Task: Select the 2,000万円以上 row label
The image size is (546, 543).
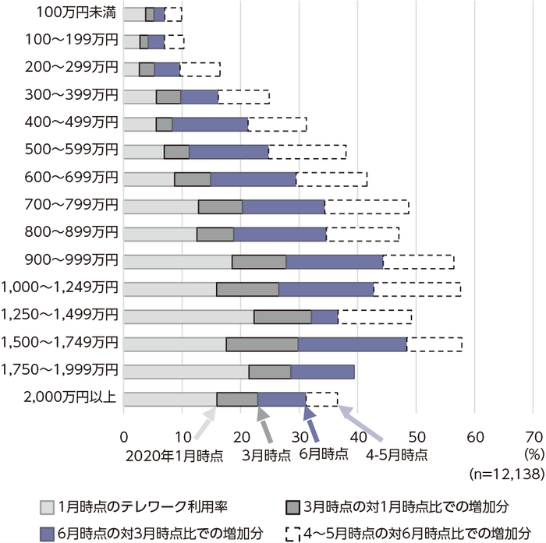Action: click(71, 398)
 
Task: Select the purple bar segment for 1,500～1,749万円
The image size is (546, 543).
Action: click(352, 344)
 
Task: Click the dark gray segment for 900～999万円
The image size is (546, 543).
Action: click(259, 261)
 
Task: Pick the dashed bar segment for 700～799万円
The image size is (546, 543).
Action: click(367, 206)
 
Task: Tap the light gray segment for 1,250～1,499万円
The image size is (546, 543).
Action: click(188, 316)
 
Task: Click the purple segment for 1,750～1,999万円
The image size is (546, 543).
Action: click(322, 372)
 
